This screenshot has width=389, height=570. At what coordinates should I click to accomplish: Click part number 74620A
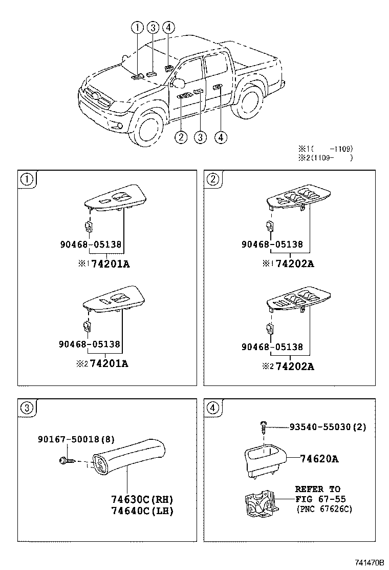(319, 459)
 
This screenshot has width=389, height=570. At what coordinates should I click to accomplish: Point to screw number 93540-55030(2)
(328, 426)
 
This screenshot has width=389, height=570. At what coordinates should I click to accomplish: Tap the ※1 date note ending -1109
(326, 149)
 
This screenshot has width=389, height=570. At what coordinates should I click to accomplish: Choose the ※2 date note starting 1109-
(326, 158)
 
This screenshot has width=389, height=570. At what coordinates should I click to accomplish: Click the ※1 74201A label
(105, 264)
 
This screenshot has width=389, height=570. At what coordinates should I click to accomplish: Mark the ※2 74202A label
(290, 366)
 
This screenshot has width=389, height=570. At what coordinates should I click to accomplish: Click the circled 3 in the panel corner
(27, 408)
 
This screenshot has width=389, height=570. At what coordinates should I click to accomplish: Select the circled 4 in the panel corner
(212, 408)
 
